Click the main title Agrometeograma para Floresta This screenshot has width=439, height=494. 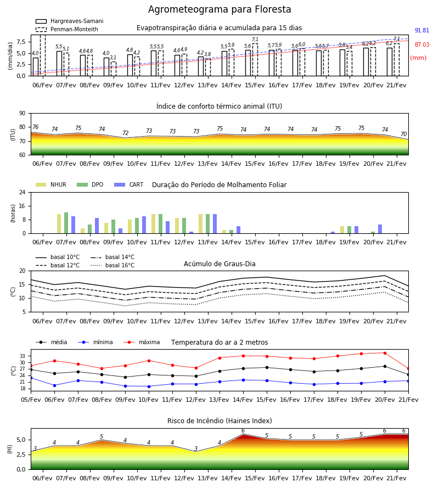point(219,9)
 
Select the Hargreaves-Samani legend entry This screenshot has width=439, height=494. point(69,21)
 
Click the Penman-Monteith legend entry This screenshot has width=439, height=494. point(67,29)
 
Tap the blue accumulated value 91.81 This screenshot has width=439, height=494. point(422,31)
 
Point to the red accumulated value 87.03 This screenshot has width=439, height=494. point(422,45)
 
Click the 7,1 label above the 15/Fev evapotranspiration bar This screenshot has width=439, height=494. point(255,40)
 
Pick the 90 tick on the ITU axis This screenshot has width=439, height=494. point(22,114)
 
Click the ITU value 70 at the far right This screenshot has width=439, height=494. point(404,134)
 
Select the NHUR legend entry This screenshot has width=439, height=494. point(51,184)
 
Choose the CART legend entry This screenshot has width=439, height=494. point(129,184)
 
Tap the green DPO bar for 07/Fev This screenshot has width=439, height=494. point(66,223)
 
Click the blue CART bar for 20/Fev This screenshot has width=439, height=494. point(380,229)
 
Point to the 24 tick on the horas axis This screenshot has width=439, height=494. point(22,192)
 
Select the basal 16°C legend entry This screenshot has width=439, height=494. point(112,266)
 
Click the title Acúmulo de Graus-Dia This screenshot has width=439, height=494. point(219,264)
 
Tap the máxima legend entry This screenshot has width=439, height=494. point(142,342)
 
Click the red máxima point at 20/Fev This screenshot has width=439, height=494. point(385,353)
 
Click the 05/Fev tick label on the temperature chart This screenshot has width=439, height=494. point(31,400)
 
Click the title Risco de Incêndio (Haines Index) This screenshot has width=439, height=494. point(219,421)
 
